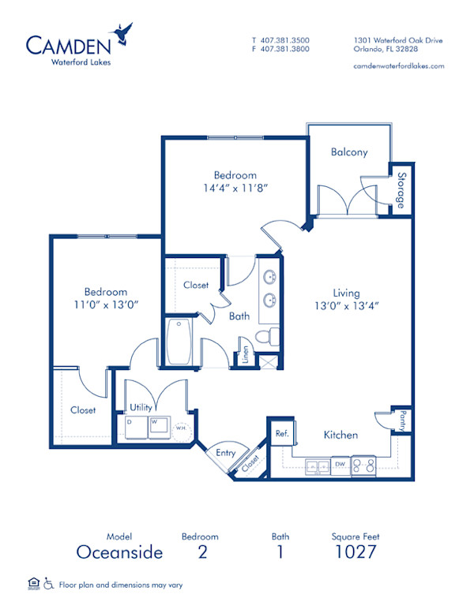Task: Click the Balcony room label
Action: (x=349, y=152)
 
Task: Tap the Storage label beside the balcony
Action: (x=401, y=190)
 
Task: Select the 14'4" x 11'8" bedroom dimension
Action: (x=235, y=189)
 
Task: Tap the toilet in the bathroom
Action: (x=270, y=336)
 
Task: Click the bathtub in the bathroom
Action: (x=179, y=342)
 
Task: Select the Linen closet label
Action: (x=246, y=353)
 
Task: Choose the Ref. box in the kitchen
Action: (x=280, y=433)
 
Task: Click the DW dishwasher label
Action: (x=339, y=465)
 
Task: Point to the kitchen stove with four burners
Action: (x=363, y=465)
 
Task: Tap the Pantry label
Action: (x=403, y=419)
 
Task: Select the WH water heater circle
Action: (x=181, y=428)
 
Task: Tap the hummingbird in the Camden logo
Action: (x=122, y=32)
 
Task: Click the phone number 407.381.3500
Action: (x=285, y=39)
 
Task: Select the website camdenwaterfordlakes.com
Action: (x=399, y=66)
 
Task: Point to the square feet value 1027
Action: (x=356, y=551)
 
